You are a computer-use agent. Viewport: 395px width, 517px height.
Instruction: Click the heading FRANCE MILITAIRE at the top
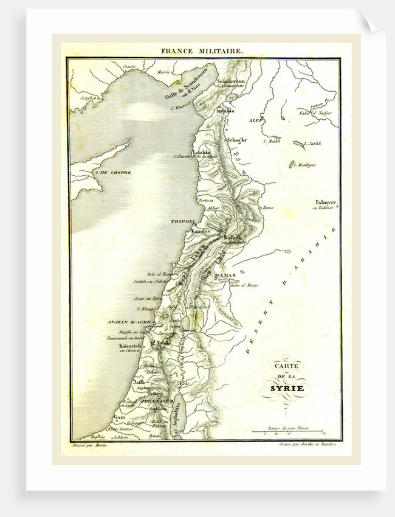coord(202,52)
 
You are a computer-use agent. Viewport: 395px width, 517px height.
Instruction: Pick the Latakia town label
coord(201,151)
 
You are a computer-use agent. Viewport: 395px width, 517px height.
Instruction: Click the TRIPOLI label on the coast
coord(182,222)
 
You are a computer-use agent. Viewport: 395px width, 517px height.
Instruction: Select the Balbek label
coord(233,237)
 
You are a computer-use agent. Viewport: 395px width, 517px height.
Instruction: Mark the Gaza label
coord(119,419)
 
